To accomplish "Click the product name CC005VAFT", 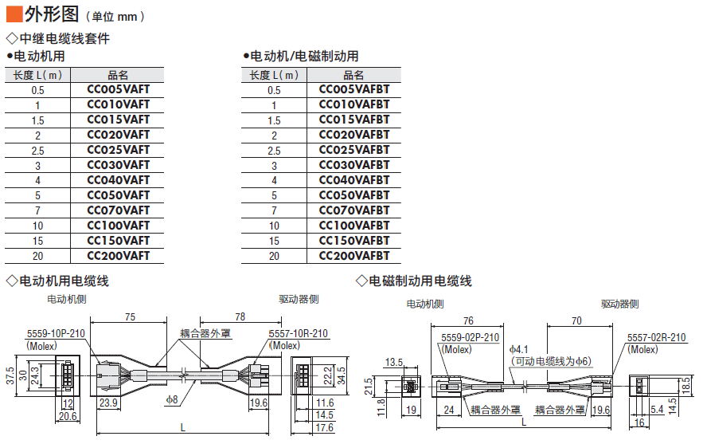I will [x=118, y=90].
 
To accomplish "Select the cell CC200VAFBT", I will [x=354, y=256].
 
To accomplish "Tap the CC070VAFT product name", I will [x=118, y=210].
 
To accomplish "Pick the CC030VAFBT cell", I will [x=354, y=165].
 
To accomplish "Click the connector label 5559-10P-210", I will [x=56, y=334].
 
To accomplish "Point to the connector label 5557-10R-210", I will [x=299, y=334].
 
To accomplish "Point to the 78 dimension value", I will [x=240, y=317].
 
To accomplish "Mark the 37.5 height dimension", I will [x=9, y=375].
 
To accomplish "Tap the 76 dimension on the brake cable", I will [x=468, y=320].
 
